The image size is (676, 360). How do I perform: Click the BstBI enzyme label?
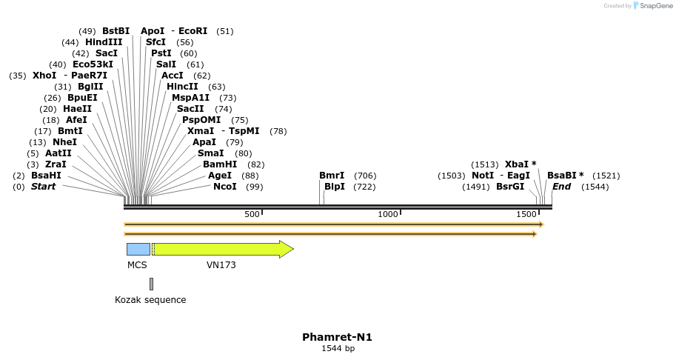(116, 31)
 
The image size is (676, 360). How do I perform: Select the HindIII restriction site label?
(104, 42)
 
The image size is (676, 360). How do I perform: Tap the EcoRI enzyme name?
(193, 31)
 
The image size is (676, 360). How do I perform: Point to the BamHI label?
(220, 164)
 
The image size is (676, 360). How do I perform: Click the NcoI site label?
(225, 187)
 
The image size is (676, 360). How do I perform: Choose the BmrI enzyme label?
(332, 176)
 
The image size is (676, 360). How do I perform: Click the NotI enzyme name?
(483, 176)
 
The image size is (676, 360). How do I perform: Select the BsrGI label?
(510, 187)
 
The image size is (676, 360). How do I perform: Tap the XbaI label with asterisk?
(521, 164)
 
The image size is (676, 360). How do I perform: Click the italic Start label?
(43, 187)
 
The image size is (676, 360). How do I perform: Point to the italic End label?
(561, 187)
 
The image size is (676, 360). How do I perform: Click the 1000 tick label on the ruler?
(388, 214)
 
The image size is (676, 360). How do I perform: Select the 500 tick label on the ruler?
(252, 214)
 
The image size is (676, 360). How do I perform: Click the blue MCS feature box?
(138, 249)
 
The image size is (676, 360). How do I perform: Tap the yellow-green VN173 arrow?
(222, 249)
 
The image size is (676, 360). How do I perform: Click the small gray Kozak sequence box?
(151, 284)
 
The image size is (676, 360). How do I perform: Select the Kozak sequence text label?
(150, 300)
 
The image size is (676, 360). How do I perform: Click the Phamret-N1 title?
(337, 337)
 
